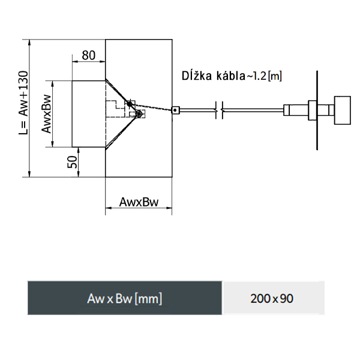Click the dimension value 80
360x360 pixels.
click(89, 55)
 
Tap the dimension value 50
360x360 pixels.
click(73, 162)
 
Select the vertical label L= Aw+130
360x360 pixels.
click(23, 103)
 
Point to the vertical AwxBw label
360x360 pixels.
click(46, 113)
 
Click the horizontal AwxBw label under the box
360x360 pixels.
click(139, 202)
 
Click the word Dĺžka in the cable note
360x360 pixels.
click(197, 76)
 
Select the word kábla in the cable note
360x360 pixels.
click(231, 76)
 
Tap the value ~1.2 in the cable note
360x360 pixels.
click(256, 76)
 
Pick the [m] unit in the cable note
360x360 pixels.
click(275, 76)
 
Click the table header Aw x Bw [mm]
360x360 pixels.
click(125, 298)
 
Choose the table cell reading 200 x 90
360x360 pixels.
click(272, 298)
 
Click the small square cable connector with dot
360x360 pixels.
click(175, 110)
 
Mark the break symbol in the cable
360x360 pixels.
click(219, 110)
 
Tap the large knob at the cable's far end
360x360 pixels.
click(343, 110)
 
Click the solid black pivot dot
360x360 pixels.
click(130, 104)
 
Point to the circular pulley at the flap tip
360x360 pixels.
click(139, 113)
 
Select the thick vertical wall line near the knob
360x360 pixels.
click(317, 110)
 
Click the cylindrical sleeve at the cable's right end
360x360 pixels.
click(296, 110)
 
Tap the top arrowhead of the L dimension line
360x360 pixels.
click(29, 43)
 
